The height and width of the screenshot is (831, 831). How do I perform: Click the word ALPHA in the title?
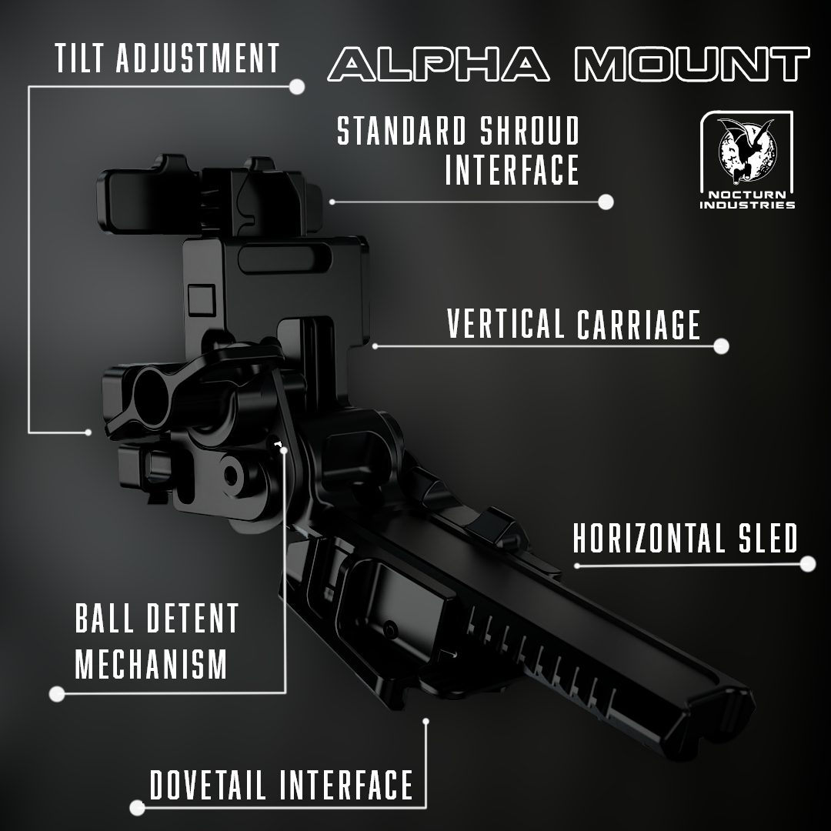439,64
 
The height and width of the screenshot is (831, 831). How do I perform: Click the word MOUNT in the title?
692,64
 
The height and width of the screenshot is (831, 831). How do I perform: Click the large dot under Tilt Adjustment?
297,86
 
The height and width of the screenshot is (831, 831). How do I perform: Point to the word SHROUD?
530,131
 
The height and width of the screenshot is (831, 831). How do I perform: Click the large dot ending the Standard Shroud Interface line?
606,202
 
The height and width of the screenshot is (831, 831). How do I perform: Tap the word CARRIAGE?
639,324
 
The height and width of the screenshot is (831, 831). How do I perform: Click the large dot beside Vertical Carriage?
721,346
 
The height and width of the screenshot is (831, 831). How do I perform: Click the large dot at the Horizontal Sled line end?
808,564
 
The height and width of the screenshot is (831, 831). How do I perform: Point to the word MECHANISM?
151,664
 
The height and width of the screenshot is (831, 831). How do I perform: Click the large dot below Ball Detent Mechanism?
57,694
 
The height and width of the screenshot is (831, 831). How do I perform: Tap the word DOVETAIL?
208,785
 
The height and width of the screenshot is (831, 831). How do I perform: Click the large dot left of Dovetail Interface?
137,808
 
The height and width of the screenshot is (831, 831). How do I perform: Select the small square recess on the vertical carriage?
202,299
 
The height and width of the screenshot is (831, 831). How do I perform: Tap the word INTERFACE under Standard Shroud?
512,170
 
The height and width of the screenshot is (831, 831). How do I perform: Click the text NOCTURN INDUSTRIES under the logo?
747,200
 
